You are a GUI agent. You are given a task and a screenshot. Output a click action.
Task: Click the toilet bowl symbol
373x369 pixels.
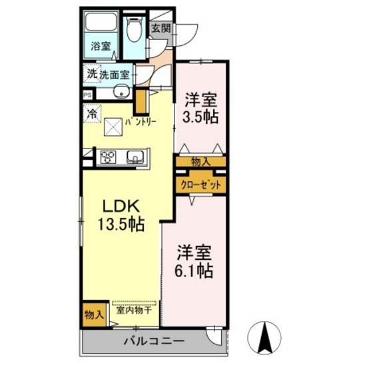tap(134, 29)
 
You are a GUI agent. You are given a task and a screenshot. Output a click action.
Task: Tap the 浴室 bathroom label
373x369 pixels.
tap(101, 47)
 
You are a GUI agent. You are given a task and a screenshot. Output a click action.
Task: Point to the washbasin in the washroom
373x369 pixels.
tap(122, 93)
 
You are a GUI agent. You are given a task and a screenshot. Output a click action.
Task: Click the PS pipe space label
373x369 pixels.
tap(87, 95)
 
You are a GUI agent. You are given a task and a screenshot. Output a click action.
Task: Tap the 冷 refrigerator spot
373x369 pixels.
tap(92, 115)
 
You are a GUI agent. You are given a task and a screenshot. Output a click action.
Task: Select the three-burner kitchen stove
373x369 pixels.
tap(107, 157)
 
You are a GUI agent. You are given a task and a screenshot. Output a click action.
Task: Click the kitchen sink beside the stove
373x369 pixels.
tap(136, 158)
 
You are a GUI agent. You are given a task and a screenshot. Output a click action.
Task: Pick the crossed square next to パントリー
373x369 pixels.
tap(113, 124)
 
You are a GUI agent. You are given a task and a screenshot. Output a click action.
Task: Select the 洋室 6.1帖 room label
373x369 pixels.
tap(194, 262)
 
